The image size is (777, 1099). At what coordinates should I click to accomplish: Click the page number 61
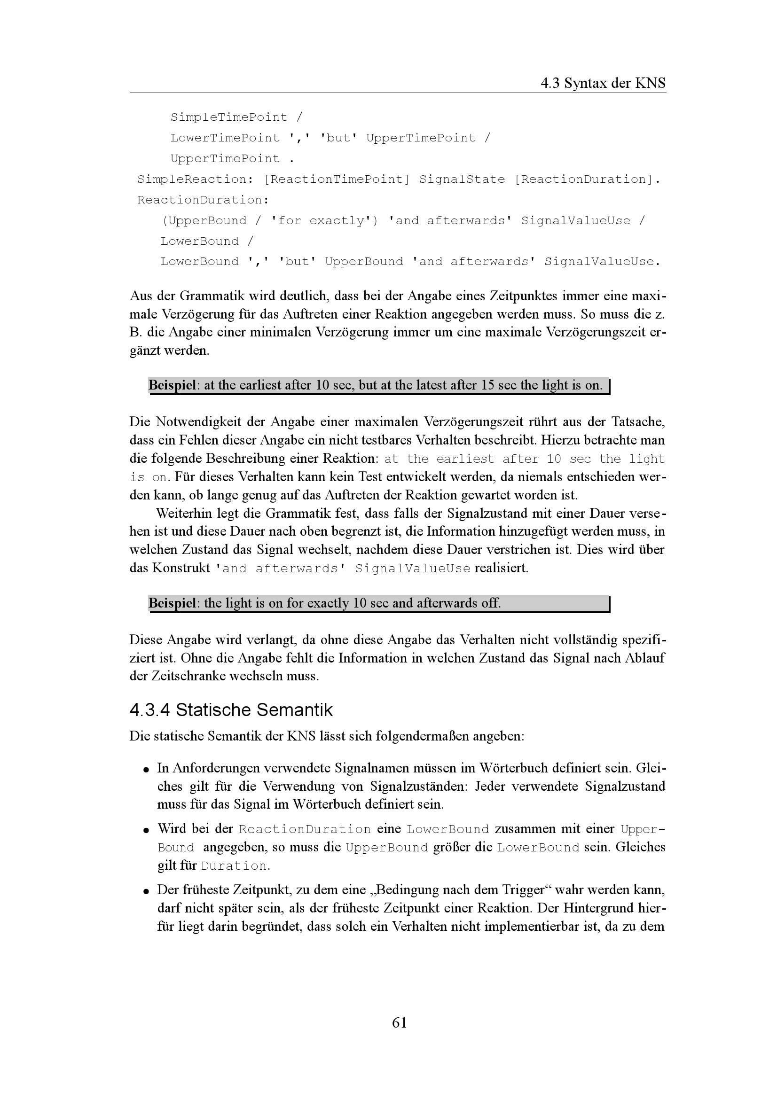click(399, 1022)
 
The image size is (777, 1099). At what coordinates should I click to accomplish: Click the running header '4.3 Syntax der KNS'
click(603, 83)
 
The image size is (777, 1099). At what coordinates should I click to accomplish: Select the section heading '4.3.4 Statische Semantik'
click(231, 710)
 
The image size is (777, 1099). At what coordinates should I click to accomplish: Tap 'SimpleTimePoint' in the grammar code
click(229, 117)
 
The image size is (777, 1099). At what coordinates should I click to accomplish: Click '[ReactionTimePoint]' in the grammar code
click(337, 179)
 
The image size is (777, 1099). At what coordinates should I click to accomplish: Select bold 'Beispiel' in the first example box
click(172, 385)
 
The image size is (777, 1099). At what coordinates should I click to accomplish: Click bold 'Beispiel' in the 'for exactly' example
click(172, 603)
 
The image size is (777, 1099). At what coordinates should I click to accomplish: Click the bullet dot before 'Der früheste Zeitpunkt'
click(146, 891)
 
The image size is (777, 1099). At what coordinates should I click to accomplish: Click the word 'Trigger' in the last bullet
click(523, 890)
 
